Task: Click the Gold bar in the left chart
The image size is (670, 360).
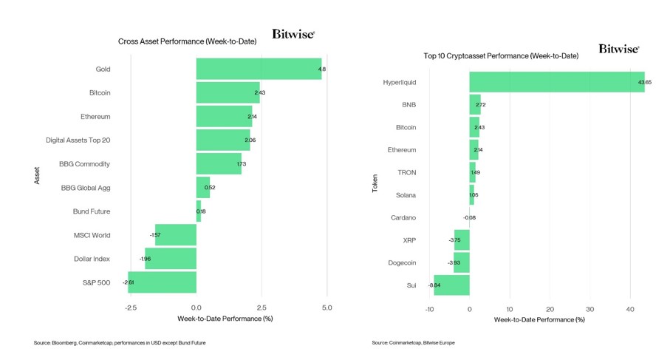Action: tap(259, 69)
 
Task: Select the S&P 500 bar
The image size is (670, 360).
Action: tap(163, 282)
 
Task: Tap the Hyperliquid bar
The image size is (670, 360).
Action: tap(556, 82)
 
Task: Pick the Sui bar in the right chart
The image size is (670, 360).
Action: tap(451, 285)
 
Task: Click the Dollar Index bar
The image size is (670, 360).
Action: tap(171, 259)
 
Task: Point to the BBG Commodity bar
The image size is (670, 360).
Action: tap(219, 164)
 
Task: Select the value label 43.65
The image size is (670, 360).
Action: tap(645, 82)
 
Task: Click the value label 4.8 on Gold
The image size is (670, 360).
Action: tap(321, 69)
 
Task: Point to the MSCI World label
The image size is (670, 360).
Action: tap(92, 235)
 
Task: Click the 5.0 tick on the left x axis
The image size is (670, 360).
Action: tap(327, 307)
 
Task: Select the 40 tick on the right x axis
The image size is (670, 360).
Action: tap(629, 308)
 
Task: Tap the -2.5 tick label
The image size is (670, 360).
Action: tap(131, 307)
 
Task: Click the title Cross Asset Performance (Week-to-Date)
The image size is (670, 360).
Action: tap(187, 41)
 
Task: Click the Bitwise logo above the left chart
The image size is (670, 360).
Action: tap(293, 34)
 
